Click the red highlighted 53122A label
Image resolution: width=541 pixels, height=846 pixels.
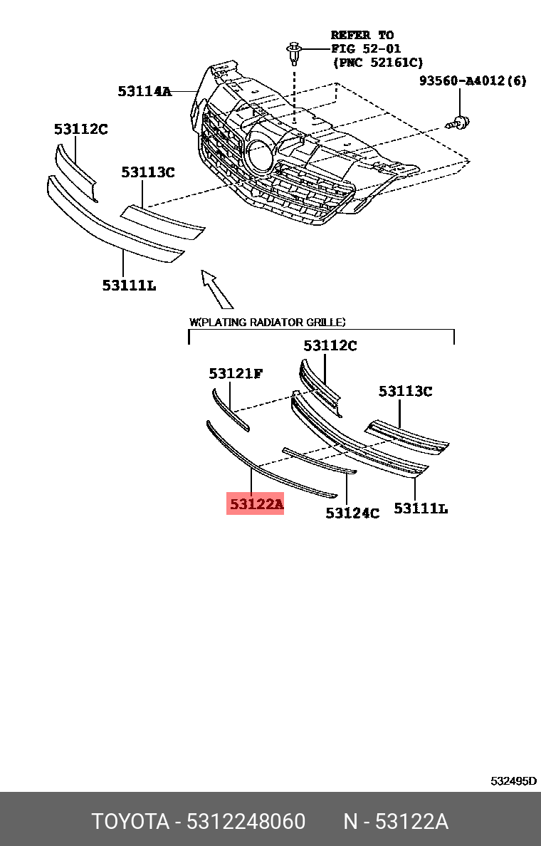(x=255, y=504)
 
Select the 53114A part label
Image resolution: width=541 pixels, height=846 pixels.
(x=145, y=91)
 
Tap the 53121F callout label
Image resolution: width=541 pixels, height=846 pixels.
(x=236, y=373)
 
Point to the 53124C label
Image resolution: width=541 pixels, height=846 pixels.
(x=352, y=513)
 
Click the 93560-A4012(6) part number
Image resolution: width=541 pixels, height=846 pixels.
(x=473, y=81)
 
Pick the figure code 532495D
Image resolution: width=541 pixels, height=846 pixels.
(x=513, y=780)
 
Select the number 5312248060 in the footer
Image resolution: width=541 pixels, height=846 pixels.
(x=246, y=822)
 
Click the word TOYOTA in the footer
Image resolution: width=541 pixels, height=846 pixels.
(x=130, y=822)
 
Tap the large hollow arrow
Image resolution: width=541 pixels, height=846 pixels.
(x=216, y=288)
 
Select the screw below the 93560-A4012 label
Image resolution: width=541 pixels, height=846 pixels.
(x=458, y=123)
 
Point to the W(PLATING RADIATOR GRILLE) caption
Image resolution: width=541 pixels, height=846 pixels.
(x=267, y=322)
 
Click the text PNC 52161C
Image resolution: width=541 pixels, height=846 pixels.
(x=377, y=63)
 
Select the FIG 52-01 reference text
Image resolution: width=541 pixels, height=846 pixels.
(x=366, y=48)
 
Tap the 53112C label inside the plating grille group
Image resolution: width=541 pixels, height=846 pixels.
(x=330, y=345)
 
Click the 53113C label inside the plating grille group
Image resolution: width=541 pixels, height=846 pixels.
(x=405, y=391)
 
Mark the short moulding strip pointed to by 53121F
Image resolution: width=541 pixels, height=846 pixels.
(x=230, y=409)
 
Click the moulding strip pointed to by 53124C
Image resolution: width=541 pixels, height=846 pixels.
(x=320, y=460)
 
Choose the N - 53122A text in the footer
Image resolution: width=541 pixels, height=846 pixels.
(x=396, y=822)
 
